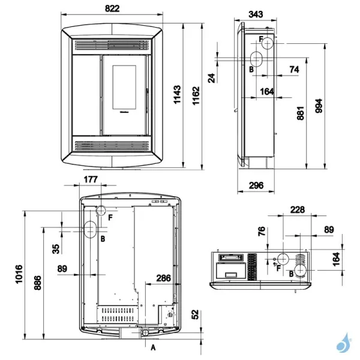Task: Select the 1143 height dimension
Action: click(x=178, y=94)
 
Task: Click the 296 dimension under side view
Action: click(x=256, y=185)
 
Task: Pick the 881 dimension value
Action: click(x=301, y=114)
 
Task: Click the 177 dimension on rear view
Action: click(x=91, y=179)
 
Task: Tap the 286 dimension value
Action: click(x=163, y=278)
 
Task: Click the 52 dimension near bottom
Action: click(x=196, y=314)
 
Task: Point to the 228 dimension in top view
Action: click(x=296, y=209)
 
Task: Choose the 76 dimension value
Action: click(x=262, y=232)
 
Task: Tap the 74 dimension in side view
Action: click(x=293, y=70)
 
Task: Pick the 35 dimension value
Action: click(x=55, y=247)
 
